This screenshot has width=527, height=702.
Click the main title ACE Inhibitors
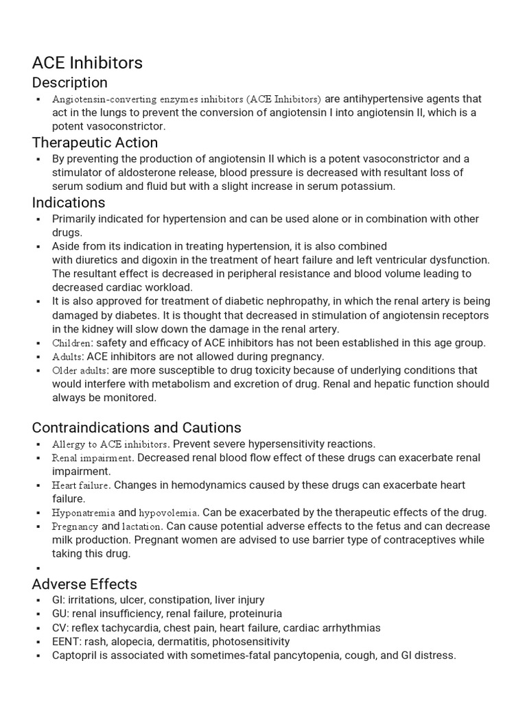click(x=87, y=62)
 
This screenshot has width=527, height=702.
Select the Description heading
click(x=69, y=82)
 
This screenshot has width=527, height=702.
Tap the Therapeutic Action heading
click(x=95, y=143)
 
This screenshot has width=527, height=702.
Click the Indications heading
click(x=69, y=202)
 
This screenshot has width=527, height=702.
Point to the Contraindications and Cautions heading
click(x=137, y=427)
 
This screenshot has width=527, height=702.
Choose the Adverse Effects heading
click(x=84, y=584)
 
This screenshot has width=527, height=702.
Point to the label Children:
click(x=72, y=343)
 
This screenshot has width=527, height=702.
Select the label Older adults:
click(x=80, y=370)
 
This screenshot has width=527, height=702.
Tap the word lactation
click(x=142, y=526)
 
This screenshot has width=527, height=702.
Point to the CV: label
click(x=60, y=628)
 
